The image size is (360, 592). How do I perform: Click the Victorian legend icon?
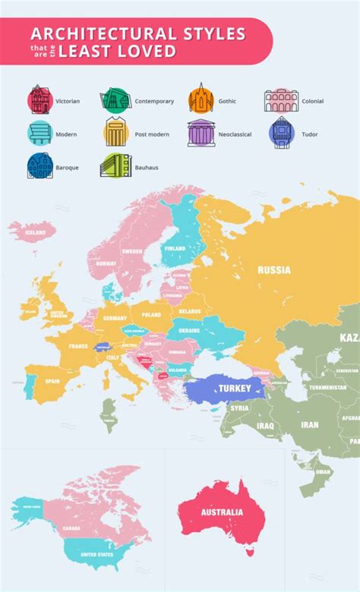coord(39,100)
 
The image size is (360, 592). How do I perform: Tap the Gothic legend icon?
coord(201,99)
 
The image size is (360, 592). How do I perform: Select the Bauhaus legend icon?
coord(112,165)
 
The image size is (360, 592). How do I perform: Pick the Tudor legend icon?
coord(282,133)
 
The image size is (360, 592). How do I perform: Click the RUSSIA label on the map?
coord(274,269)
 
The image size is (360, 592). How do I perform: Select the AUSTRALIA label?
coord(222,512)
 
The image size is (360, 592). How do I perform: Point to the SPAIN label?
coord(52,381)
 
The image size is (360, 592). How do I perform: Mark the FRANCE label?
coord(78,346)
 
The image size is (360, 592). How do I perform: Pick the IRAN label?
coord(309,425)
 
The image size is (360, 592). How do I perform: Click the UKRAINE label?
coord(189,331)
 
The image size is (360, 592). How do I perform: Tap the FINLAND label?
coord(175,248)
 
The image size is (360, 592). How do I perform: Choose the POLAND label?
coord(151,313)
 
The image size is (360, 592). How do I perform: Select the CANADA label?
coord(71,528)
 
